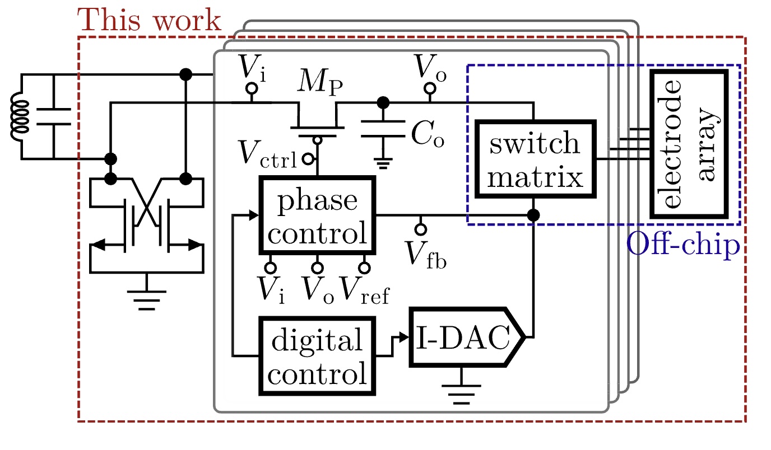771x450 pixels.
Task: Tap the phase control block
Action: [317, 215]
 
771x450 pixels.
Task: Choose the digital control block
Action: [317, 355]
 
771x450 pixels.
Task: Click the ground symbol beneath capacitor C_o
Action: [383, 163]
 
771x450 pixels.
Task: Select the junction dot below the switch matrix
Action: [533, 215]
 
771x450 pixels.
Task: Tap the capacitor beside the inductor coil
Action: [54, 116]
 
